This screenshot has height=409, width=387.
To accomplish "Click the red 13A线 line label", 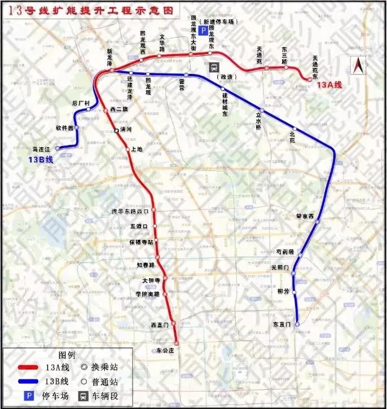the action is pyautogui.click(x=329, y=85).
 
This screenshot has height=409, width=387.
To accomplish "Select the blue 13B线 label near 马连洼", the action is pyautogui.click(x=40, y=160).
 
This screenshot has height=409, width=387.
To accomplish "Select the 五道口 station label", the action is pyautogui.click(x=138, y=226).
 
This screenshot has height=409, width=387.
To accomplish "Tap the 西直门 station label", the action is pyautogui.click(x=160, y=325).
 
